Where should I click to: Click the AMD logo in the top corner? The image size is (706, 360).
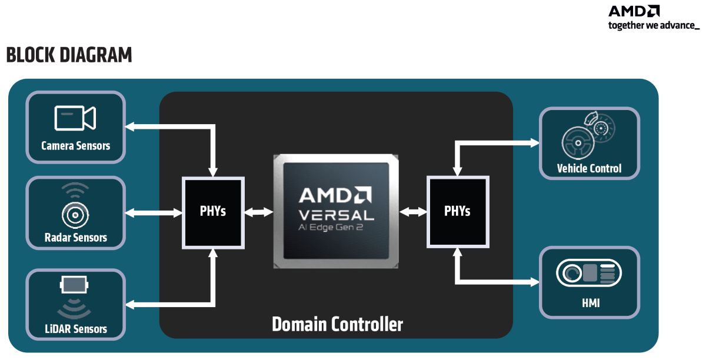pos(634,11)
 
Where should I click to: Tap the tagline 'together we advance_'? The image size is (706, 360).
pos(654,25)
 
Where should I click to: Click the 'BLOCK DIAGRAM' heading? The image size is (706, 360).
pos(69,55)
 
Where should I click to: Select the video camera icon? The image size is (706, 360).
pos(75,118)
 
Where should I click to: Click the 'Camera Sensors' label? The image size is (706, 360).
pos(75,145)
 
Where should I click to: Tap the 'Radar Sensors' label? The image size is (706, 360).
pos(75,238)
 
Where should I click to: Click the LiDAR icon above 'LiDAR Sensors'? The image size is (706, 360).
pos(75,286)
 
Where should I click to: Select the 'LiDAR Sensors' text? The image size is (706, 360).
pos(75,329)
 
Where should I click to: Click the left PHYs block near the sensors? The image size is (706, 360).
pos(212,211)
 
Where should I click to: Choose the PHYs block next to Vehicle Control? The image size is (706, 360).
pos(457,211)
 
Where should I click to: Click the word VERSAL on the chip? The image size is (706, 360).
pos(336,215)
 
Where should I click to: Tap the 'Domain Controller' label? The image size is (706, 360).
pos(337,324)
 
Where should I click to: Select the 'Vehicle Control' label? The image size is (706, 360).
pos(589,169)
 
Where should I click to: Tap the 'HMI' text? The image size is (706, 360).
pos(589,304)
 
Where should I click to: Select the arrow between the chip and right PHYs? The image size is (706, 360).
pos(412,212)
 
